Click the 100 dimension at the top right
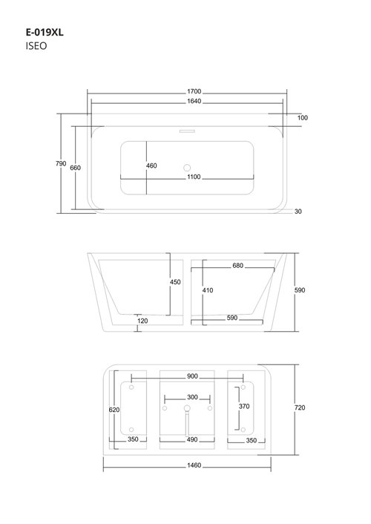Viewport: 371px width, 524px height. point(303,117)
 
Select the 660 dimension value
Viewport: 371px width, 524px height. point(75,168)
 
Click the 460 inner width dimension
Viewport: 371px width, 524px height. point(151,166)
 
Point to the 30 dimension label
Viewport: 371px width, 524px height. point(298,212)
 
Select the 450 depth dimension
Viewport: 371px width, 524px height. point(175,282)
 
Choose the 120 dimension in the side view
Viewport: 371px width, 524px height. point(142,321)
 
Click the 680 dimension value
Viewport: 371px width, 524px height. point(237,265)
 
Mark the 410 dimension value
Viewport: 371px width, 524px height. point(208,290)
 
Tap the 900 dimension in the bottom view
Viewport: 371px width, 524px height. point(192,377)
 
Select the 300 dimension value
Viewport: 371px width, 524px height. point(192,397)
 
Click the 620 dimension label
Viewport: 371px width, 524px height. point(114,409)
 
